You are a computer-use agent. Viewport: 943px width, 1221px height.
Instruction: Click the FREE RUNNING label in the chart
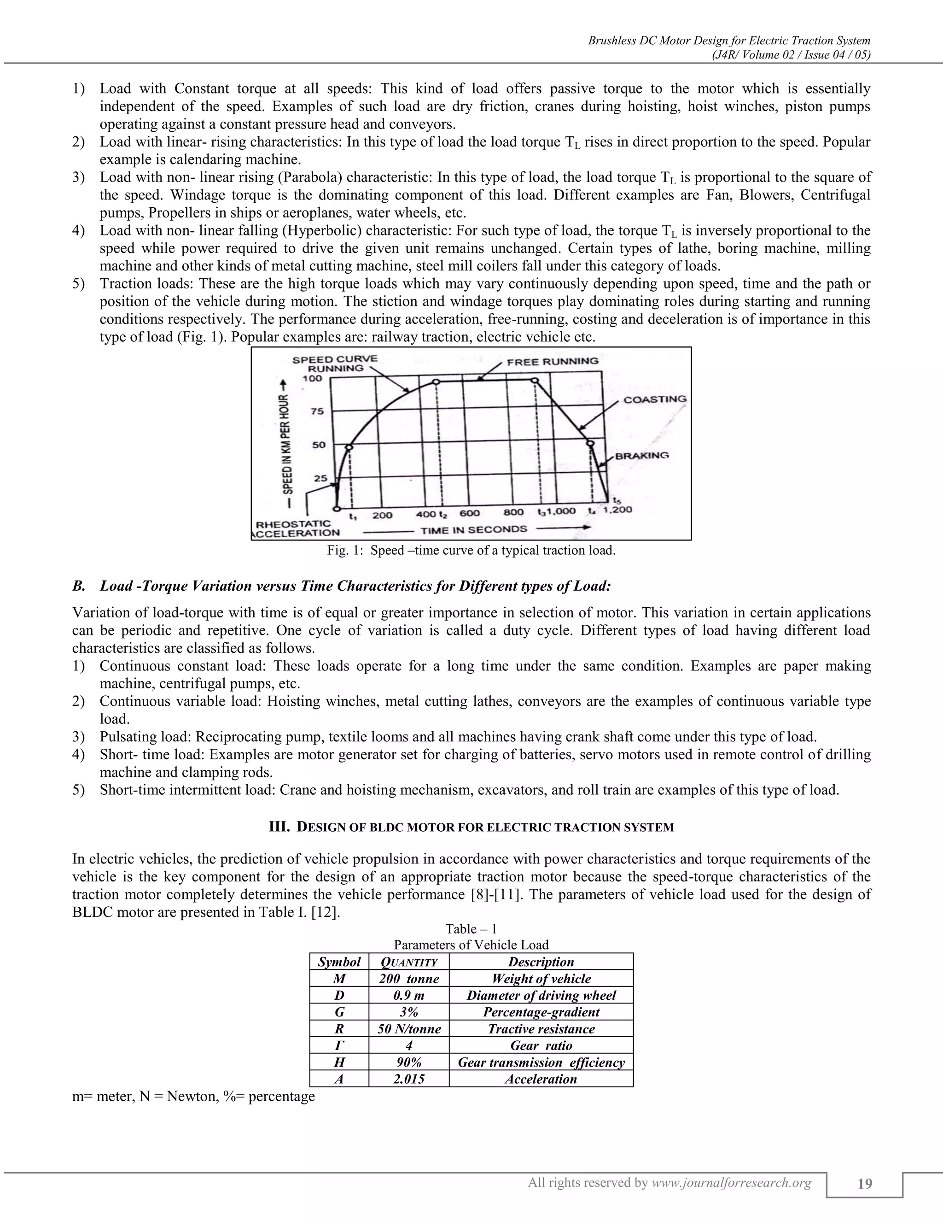click(x=552, y=361)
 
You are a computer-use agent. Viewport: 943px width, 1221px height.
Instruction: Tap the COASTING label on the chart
click(x=654, y=399)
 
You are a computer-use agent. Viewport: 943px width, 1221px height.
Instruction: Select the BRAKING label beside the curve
click(x=641, y=455)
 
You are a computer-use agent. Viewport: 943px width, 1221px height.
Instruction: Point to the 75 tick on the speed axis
click(x=317, y=411)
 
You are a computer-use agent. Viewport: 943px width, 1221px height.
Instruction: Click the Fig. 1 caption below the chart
click(x=471, y=550)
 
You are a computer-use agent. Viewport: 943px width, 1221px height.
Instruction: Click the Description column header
click(x=541, y=962)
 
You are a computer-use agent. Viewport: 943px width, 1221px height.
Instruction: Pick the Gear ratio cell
click(x=541, y=1045)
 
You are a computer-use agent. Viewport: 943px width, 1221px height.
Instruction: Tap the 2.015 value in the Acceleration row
click(x=409, y=1079)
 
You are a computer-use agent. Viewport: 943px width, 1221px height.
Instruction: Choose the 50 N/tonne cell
click(x=409, y=1029)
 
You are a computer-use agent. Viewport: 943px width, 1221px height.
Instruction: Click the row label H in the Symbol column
click(x=339, y=1062)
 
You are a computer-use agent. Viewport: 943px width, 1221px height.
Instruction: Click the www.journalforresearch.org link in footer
click(x=731, y=1182)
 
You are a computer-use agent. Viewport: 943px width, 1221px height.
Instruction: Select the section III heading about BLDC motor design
click(x=471, y=827)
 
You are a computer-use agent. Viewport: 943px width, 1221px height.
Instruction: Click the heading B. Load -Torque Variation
click(x=341, y=586)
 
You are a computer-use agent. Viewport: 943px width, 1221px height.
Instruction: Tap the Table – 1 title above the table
click(x=471, y=928)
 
